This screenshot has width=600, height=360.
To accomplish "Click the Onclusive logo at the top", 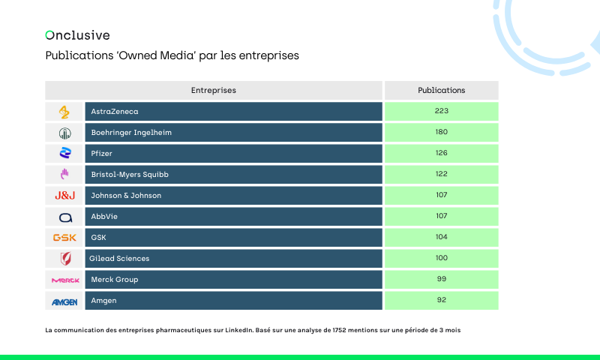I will (77, 34).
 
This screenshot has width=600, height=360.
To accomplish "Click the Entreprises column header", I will (214, 90).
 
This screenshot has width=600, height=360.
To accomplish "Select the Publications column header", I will (441, 90).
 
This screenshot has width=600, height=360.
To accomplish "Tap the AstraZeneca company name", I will (115, 112).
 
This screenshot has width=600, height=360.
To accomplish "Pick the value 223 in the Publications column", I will (441, 112).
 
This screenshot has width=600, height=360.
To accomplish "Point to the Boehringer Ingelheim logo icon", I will (64, 133).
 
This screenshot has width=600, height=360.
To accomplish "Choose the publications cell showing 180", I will (441, 133).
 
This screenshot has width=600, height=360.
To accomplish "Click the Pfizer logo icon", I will (64, 154).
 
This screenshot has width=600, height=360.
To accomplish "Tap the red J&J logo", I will (64, 196).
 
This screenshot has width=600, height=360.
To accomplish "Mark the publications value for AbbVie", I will (441, 217).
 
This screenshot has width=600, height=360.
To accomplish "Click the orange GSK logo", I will (64, 238).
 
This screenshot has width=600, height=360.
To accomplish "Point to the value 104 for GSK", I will (441, 238).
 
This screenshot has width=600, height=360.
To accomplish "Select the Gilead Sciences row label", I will (120, 259).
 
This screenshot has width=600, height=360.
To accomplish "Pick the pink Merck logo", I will (64, 280).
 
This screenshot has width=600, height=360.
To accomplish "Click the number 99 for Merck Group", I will (441, 280).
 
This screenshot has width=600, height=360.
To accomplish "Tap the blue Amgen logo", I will (64, 301).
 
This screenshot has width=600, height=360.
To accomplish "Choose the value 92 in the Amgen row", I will (441, 301).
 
